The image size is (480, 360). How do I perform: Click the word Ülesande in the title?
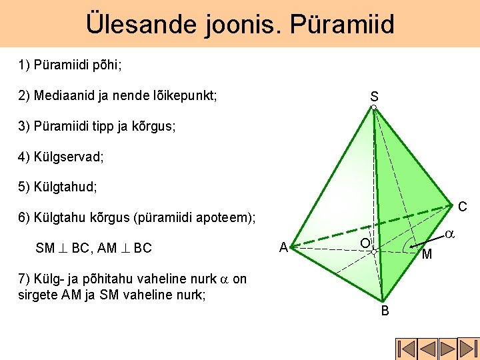141,24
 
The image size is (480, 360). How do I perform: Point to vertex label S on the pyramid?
374,97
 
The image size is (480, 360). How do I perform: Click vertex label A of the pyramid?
284,247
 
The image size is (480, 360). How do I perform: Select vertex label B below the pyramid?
385,311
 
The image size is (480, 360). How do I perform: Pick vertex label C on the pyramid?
463,207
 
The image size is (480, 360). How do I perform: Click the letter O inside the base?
365,243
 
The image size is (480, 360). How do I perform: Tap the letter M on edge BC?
427,254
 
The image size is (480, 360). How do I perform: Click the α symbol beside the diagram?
450,234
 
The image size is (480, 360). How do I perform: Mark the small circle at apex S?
374,107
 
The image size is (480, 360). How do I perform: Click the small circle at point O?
374,251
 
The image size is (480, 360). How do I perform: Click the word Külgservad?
69,157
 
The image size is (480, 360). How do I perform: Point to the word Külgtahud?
65,187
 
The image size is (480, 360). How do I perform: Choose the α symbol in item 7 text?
225,279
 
